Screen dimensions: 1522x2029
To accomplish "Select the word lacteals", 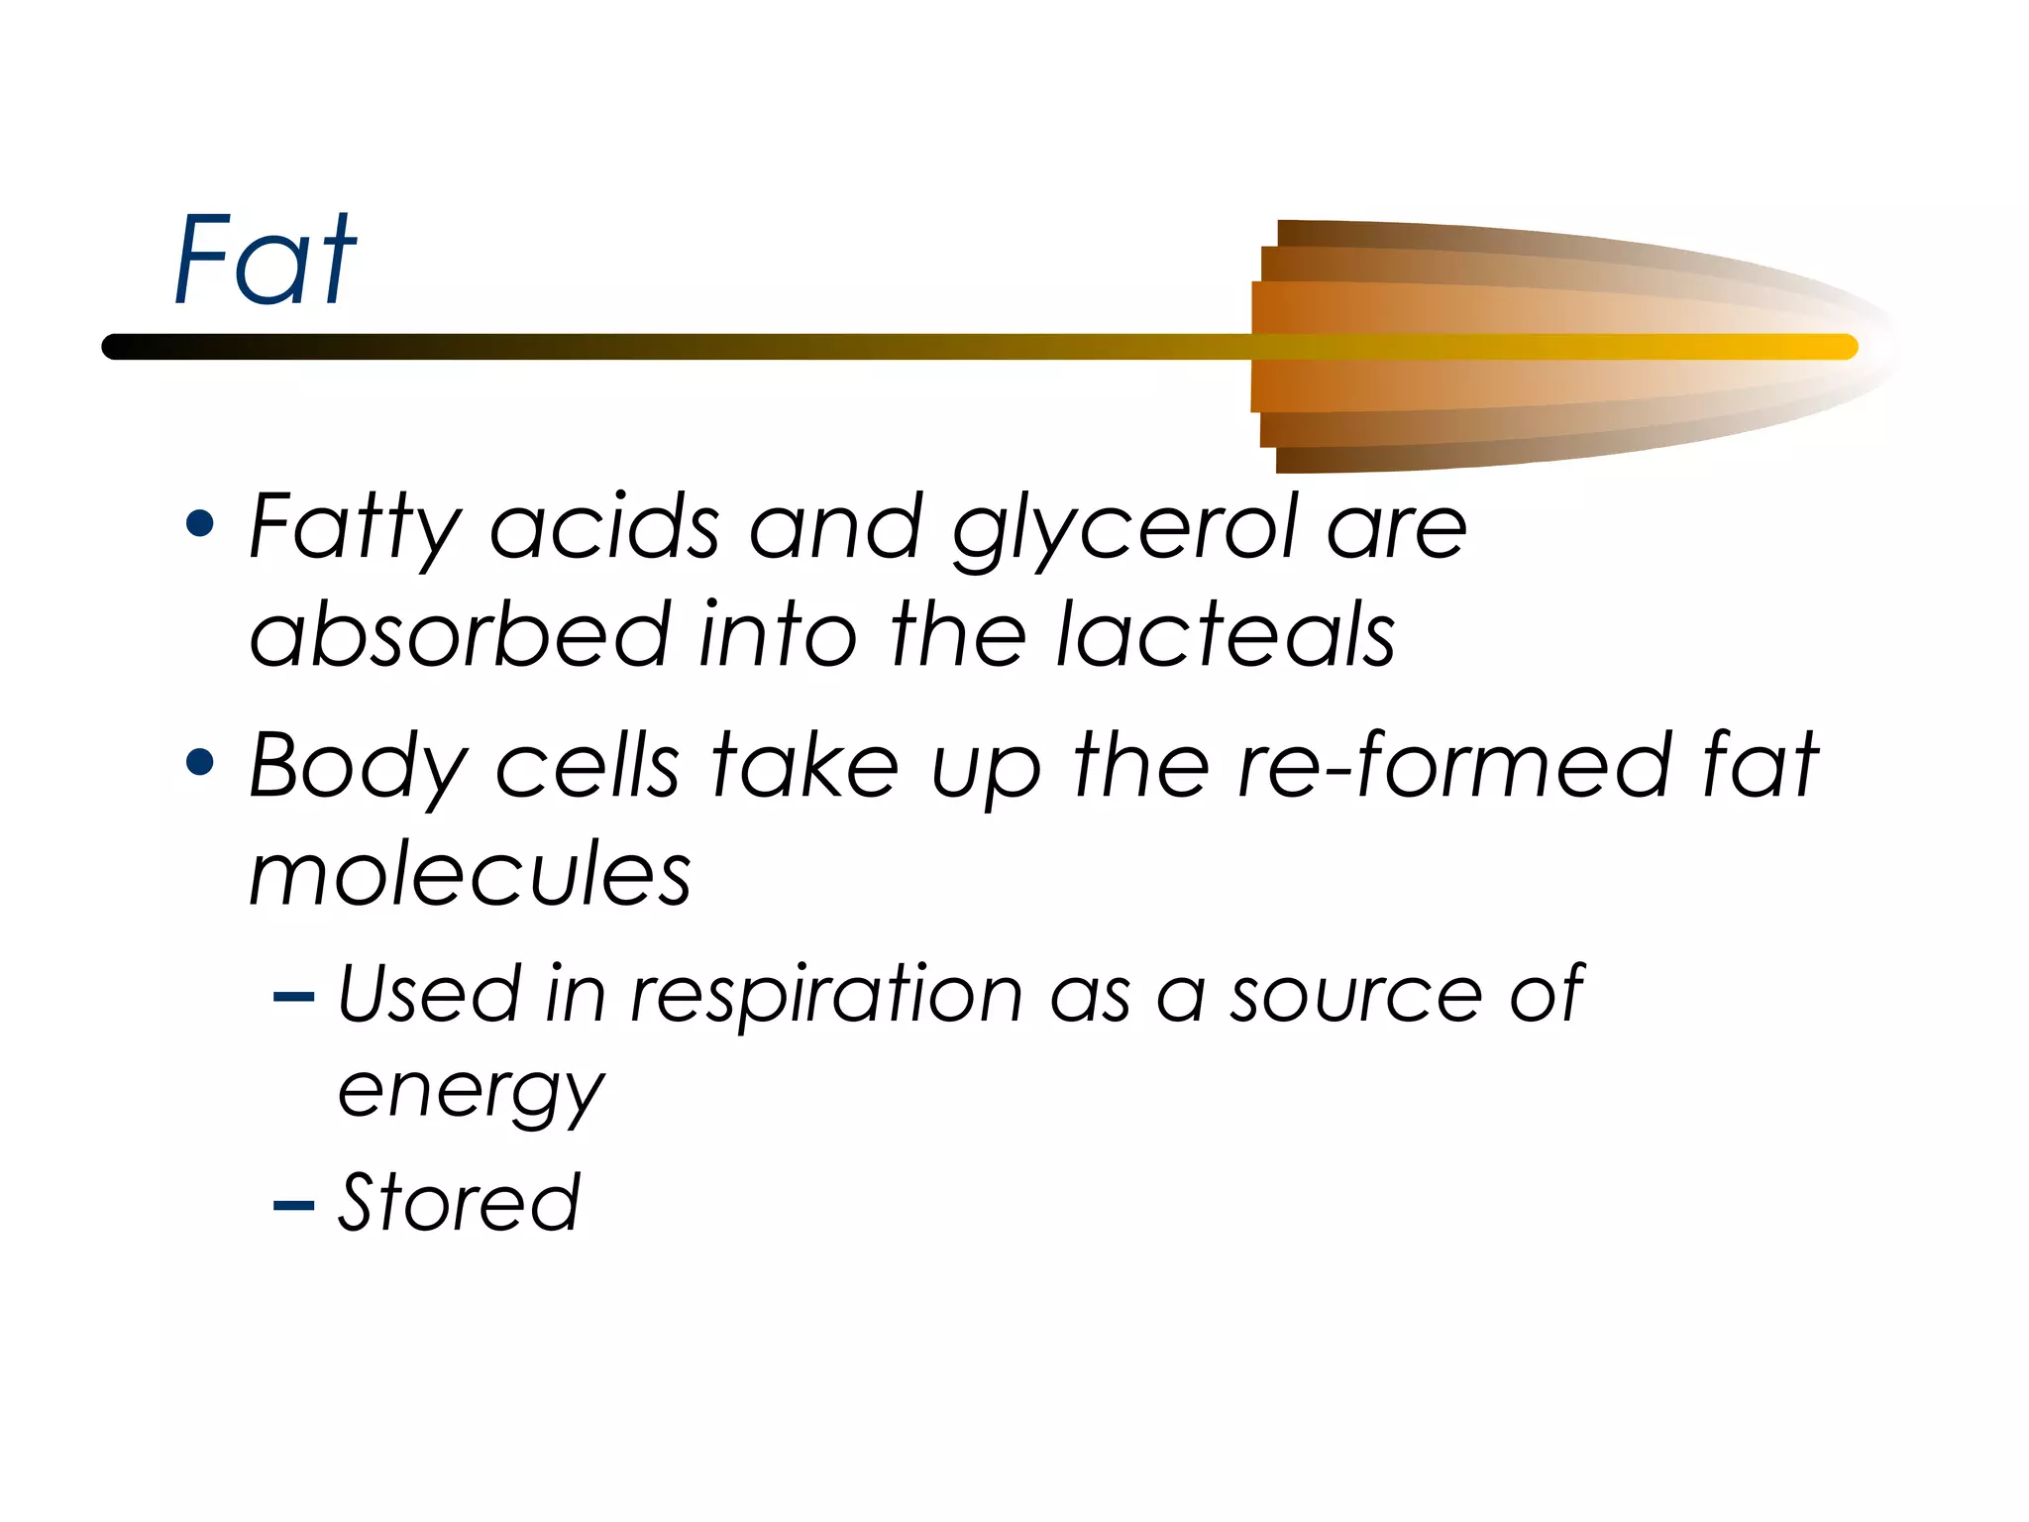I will [x=1226, y=634].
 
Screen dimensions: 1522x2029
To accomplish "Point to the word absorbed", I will [x=460, y=634].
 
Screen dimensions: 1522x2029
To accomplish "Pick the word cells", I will [x=587, y=766].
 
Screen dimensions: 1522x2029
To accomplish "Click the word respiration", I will [x=826, y=994].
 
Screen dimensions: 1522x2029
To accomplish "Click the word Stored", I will [x=458, y=1202].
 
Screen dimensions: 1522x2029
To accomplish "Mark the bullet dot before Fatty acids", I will [x=200, y=523].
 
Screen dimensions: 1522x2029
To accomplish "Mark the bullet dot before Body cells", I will [x=200, y=762].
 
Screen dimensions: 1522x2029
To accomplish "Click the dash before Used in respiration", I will [x=293, y=997].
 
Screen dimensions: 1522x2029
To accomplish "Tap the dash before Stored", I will [x=293, y=1205].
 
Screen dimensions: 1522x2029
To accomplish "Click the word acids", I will [x=604, y=528].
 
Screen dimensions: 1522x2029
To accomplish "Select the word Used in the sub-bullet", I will [x=429, y=994].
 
